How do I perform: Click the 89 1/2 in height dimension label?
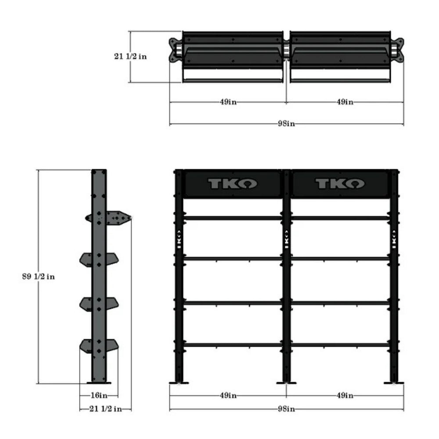pyautogui.click(x=39, y=277)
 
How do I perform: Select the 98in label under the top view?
pyautogui.click(x=286, y=124)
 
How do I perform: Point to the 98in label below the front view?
pyautogui.click(x=286, y=409)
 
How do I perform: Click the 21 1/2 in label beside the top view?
pyautogui.click(x=130, y=56)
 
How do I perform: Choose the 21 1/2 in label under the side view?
pyautogui.click(x=105, y=409)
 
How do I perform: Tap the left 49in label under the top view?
pyautogui.click(x=228, y=102)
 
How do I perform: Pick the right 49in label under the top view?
pyautogui.click(x=345, y=102)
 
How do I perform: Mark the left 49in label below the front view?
pyautogui.click(x=228, y=395)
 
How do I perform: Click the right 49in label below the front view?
pyautogui.click(x=345, y=395)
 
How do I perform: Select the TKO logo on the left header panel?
pyautogui.click(x=233, y=184)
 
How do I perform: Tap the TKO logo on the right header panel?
pyautogui.click(x=340, y=184)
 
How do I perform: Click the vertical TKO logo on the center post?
pyautogui.click(x=286, y=239)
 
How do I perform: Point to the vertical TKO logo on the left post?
pyautogui.click(x=179, y=239)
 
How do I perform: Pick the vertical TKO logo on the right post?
pyautogui.click(x=394, y=239)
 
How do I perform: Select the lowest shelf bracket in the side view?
pyautogui.click(x=99, y=345)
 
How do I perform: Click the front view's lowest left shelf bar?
pyautogui.click(x=233, y=345)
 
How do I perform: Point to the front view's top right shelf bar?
pyautogui.click(x=340, y=218)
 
